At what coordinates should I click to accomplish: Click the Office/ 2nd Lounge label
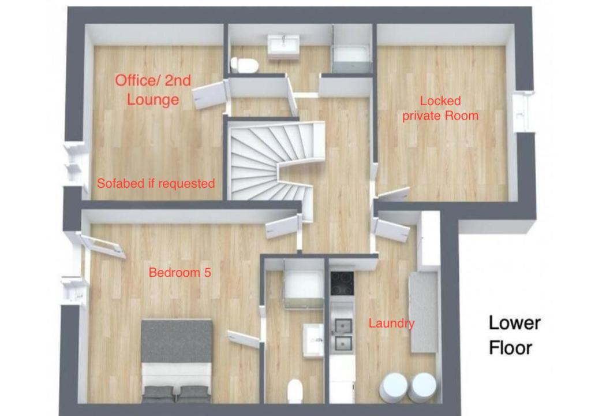pos(152,90)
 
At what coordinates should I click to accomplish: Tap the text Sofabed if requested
pos(156,184)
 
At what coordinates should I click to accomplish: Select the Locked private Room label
pos(440,109)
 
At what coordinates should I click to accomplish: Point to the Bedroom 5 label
pos(180,272)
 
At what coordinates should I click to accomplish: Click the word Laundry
pos(391,323)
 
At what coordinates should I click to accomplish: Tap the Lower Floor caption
pos(514,335)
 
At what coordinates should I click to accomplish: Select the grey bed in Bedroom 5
pos(176,361)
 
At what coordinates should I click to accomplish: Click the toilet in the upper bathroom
pos(244,65)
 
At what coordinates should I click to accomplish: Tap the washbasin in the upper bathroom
pos(284,47)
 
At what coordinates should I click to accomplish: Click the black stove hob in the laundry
pos(342,283)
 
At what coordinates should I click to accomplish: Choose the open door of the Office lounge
pos(209,96)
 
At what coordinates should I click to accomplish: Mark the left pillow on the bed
pos(159,393)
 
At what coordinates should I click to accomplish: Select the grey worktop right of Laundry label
pos(424,312)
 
